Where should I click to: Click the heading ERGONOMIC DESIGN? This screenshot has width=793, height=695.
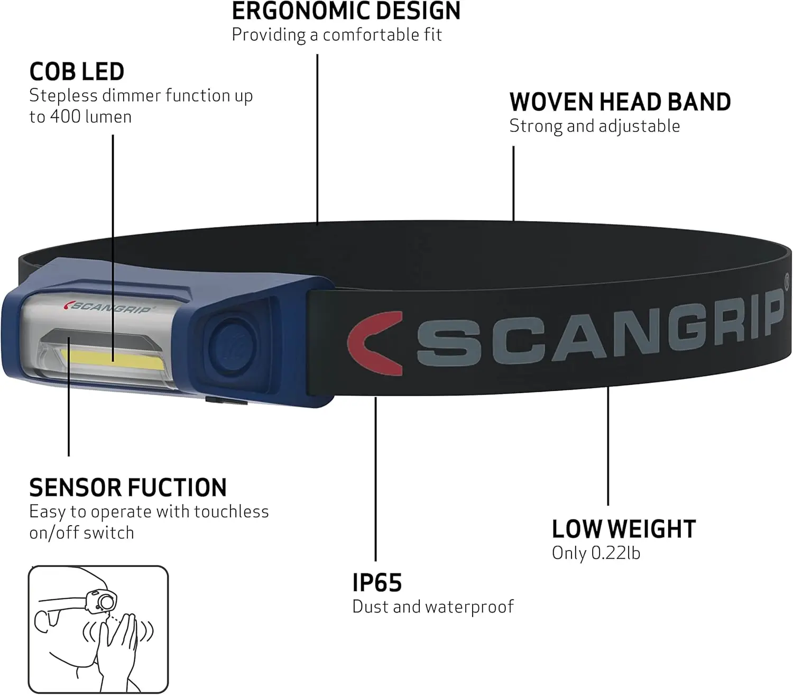[346, 11]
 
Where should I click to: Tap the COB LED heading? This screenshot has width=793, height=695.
[77, 71]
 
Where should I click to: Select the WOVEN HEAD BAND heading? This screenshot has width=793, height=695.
[620, 102]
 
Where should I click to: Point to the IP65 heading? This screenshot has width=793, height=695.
[377, 582]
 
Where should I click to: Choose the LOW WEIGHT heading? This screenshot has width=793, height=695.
[624, 529]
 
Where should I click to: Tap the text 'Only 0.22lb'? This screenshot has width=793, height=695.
[596, 553]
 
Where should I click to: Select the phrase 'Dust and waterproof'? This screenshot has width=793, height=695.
[433, 607]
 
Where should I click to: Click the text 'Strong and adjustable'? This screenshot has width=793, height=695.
[595, 126]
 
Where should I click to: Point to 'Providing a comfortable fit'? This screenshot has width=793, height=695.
[337, 35]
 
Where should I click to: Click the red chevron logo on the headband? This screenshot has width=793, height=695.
[375, 343]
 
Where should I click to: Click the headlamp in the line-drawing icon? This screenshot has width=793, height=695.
[100, 601]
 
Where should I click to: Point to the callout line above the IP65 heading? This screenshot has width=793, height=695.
[375, 479]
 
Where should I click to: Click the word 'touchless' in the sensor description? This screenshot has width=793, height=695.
[232, 511]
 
